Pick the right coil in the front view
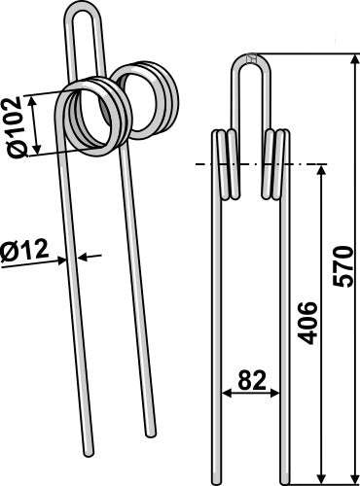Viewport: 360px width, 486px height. click(276, 162)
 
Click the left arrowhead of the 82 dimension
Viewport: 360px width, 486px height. click(227, 394)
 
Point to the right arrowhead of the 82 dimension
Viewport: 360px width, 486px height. click(279, 394)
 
